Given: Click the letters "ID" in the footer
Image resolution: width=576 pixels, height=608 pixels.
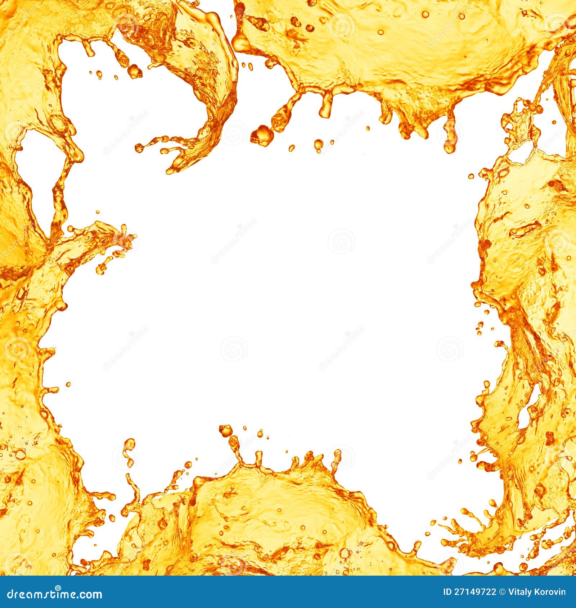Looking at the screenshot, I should click(447, 592).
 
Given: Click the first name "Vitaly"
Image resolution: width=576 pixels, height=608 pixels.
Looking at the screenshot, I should click(519, 592).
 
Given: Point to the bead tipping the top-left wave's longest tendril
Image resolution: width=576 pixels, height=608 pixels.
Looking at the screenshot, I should click(139, 147).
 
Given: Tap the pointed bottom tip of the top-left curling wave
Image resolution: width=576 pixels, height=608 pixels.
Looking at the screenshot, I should click(169, 171).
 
